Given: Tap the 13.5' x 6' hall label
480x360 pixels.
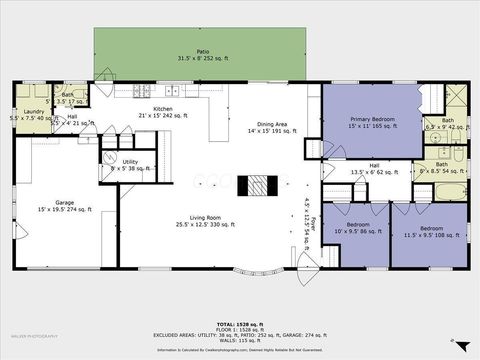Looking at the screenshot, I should click(x=373, y=169).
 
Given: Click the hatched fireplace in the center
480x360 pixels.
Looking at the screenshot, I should click(x=259, y=186).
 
